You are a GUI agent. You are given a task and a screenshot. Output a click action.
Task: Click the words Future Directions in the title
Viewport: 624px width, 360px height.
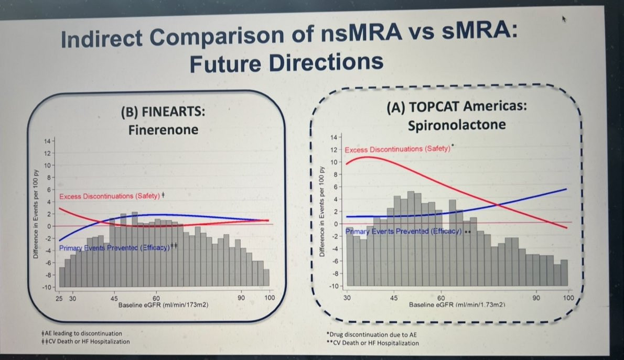pos(286,63)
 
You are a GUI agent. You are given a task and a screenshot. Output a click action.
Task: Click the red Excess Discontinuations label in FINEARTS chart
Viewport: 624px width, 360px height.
pos(110,196)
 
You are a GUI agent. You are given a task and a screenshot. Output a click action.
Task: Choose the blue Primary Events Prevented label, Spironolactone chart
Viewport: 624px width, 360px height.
pos(403,231)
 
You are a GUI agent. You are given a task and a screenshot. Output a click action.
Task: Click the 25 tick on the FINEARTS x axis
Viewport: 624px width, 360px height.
pos(59,298)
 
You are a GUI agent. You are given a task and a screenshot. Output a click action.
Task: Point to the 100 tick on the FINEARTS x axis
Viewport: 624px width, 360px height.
pos(269,298)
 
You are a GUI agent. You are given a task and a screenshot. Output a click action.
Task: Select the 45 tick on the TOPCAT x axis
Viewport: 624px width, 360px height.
pos(394,298)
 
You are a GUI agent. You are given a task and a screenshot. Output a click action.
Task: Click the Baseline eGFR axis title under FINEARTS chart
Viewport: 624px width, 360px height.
pos(157,304)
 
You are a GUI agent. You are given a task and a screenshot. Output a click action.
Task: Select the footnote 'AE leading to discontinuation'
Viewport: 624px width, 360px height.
pos(82,333)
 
